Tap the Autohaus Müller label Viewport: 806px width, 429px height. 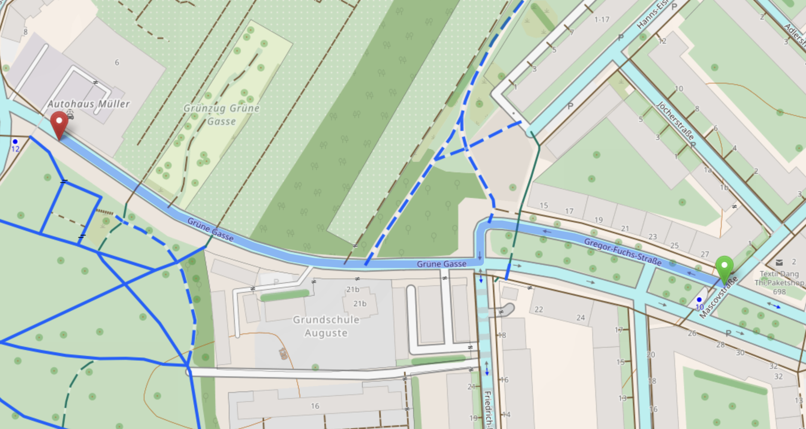tap(89, 104)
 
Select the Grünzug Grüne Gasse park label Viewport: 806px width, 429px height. tap(221, 115)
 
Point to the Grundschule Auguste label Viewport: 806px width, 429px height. tap(326, 326)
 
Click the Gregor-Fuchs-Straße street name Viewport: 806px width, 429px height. tap(622, 252)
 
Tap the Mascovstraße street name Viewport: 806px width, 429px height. tap(718, 297)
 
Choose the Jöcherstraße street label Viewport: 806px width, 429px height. tap(675, 120)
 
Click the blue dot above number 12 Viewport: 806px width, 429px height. tap(15, 141)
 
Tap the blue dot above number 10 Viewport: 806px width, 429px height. tap(699, 300)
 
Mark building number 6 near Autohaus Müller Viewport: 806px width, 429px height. tap(117, 62)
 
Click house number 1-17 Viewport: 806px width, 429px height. tap(602, 19)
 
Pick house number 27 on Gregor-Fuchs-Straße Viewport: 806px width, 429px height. tap(705, 254)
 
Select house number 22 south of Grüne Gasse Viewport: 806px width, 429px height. tap(539, 309)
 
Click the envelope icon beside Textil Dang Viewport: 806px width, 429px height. tap(779, 262)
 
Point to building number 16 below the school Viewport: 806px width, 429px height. tap(315, 406)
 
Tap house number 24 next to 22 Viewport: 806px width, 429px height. tap(581, 318)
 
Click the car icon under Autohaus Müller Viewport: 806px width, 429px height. tap(70, 114)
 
